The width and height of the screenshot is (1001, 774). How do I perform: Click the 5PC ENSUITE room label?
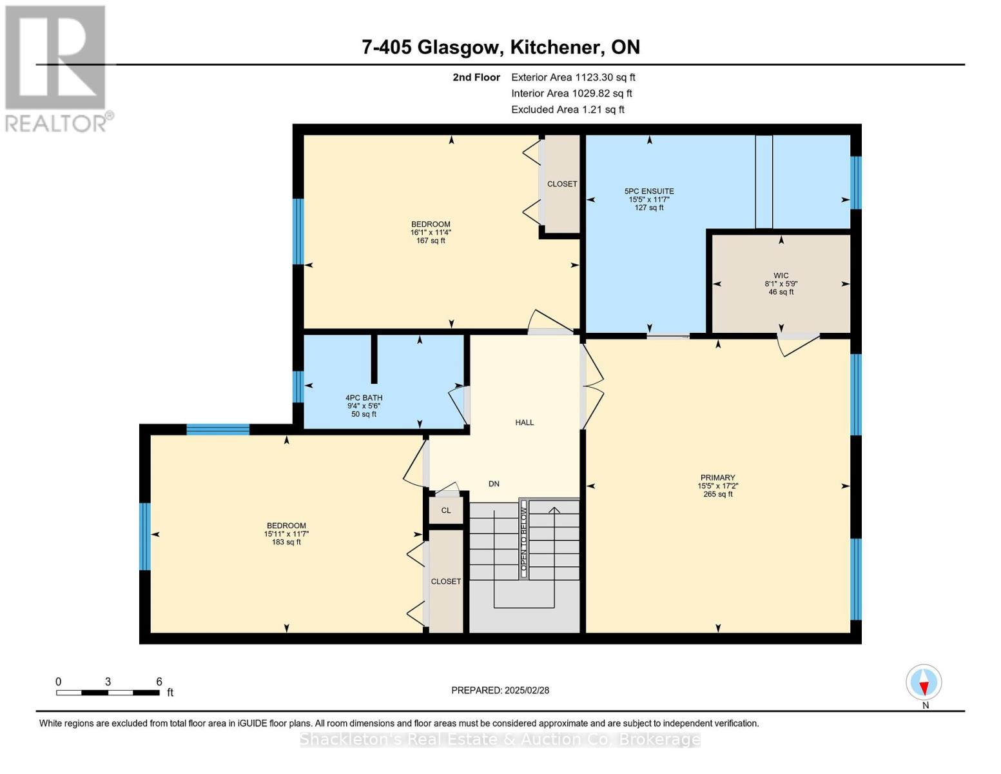point(649,192)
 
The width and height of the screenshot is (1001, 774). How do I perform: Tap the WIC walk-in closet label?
point(781,275)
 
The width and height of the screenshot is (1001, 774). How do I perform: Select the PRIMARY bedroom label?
point(717,478)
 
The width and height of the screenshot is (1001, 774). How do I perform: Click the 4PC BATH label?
point(364,398)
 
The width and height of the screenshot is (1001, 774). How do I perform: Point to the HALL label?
point(524,422)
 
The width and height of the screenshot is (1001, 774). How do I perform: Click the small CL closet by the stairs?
point(446,510)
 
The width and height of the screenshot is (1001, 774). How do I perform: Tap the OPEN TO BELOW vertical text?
point(523,539)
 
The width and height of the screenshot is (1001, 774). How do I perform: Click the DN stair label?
point(494,484)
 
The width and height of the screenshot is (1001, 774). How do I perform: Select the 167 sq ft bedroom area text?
point(431,241)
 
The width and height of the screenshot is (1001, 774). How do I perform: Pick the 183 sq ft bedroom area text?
point(286,542)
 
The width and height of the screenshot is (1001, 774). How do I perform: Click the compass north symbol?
point(924,682)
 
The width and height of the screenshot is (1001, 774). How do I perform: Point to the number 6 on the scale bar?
point(159,682)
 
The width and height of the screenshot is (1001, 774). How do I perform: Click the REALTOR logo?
point(57,68)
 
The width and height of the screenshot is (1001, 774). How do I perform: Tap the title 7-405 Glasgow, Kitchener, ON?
point(500,47)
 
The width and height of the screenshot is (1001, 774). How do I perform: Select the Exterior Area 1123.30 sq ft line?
point(572,77)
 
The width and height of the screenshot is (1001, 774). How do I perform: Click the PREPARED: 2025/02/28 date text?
point(500,690)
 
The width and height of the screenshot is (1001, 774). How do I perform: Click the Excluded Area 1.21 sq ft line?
point(567,110)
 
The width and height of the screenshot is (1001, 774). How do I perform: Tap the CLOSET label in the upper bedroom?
point(562,184)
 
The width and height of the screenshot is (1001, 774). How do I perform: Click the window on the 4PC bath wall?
point(298,387)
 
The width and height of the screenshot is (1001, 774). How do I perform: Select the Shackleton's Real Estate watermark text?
point(500,739)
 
